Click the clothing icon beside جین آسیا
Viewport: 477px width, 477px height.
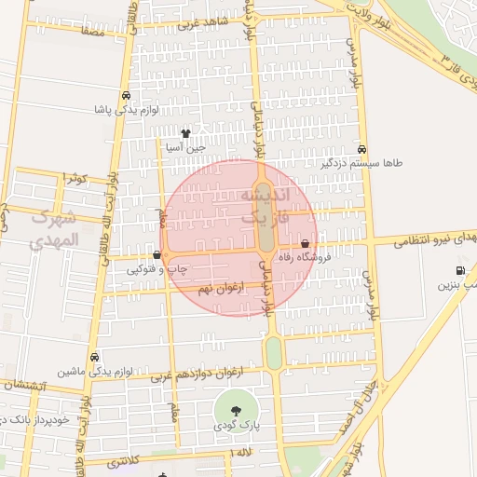[185, 133]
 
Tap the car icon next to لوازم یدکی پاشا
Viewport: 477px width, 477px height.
[126, 95]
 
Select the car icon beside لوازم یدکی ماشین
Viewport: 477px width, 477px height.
[95, 357]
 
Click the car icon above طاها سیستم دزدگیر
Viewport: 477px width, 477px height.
[361, 149]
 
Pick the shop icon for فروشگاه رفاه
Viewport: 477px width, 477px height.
[305, 243]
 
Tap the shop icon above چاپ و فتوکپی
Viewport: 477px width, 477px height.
[157, 254]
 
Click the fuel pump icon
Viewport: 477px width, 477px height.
[459, 271]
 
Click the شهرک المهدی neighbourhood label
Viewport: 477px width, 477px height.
[55, 229]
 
